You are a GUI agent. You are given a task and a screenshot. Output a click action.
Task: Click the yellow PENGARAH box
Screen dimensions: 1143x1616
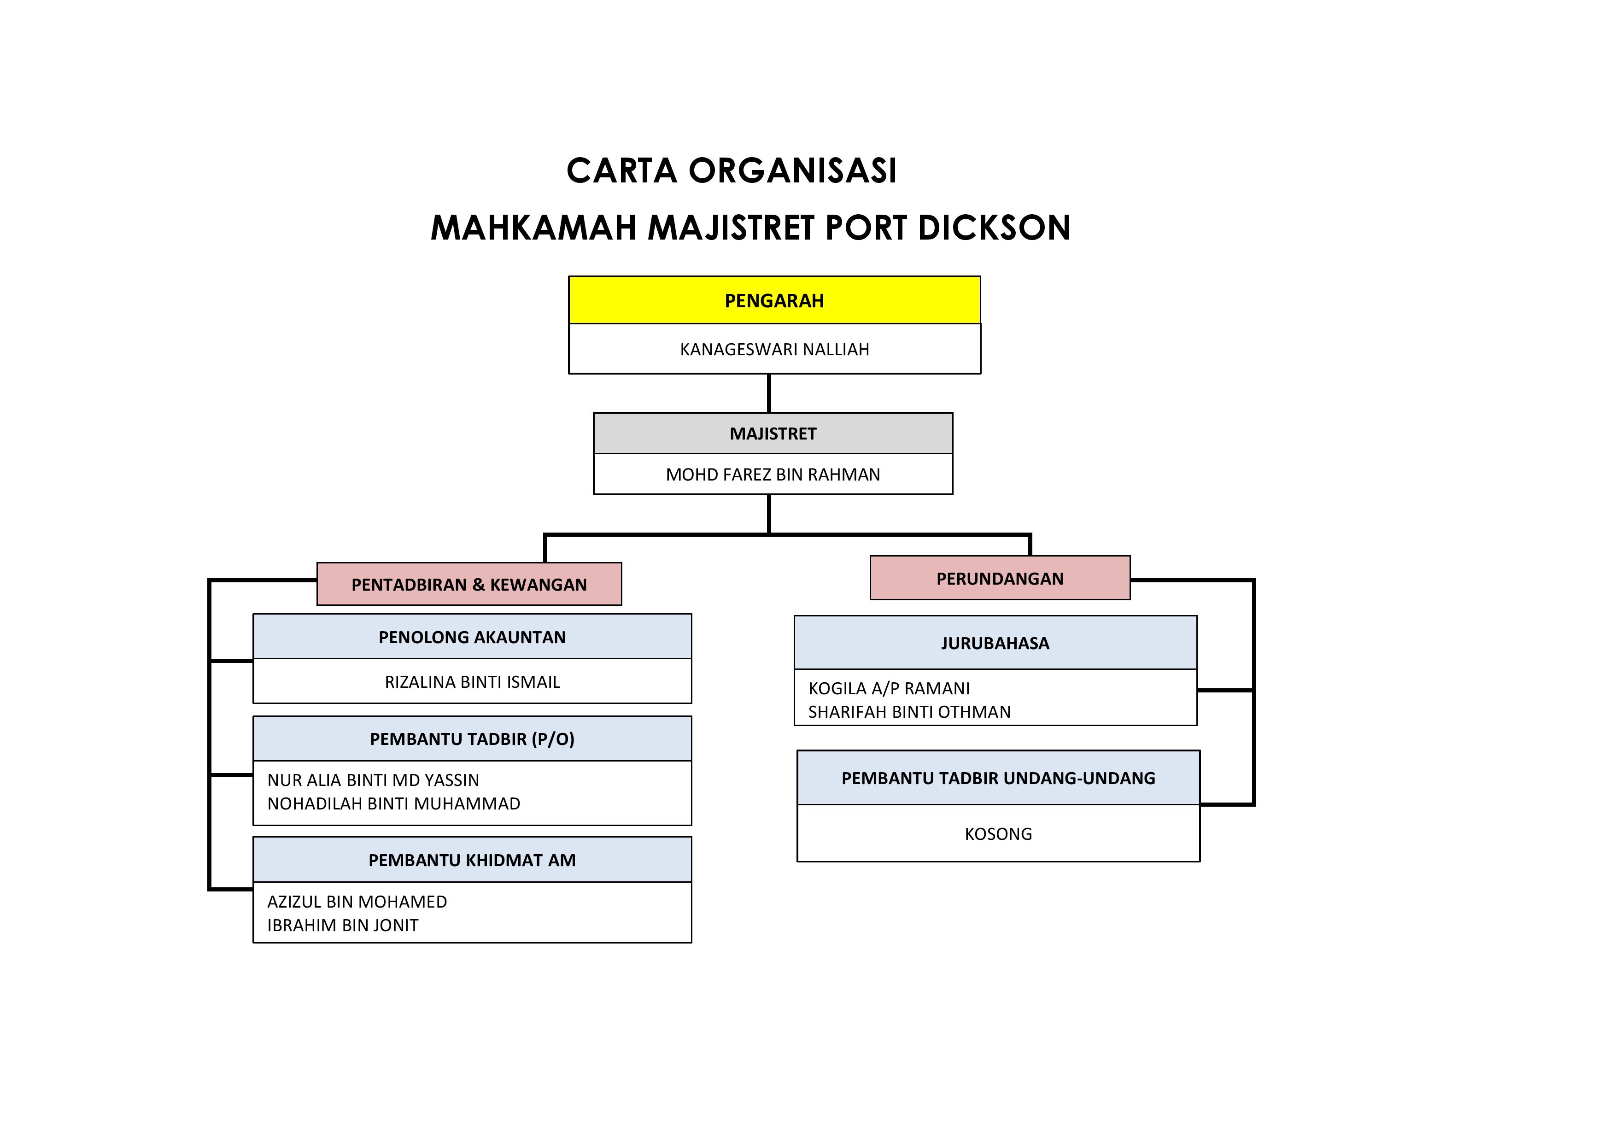pyautogui.click(x=774, y=300)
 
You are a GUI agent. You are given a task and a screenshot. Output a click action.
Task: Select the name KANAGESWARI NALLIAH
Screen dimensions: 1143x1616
pyautogui.click(x=774, y=350)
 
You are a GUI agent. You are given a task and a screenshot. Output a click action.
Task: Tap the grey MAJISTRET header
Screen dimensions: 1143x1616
pyautogui.click(x=773, y=434)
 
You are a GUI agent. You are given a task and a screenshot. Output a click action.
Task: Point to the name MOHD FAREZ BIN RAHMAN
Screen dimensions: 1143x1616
pyautogui.click(x=773, y=475)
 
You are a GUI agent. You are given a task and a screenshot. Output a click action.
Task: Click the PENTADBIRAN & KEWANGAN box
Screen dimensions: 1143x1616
pyautogui.click(x=469, y=585)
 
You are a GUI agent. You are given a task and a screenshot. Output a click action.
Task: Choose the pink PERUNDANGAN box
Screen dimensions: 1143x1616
pyautogui.click(x=1000, y=579)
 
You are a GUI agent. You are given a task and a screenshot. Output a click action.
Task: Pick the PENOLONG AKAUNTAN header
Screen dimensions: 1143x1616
pyautogui.click(x=472, y=638)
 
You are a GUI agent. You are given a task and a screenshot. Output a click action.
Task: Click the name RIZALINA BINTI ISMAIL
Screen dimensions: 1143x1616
pyautogui.click(x=472, y=682)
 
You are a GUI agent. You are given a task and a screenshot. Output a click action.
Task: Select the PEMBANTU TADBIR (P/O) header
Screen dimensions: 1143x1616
pyautogui.click(x=472, y=739)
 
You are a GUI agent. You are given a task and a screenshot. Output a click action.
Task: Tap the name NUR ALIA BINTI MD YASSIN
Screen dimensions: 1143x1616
pyautogui.click(x=373, y=780)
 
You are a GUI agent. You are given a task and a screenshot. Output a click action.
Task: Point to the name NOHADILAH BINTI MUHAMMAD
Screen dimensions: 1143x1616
pyautogui.click(x=393, y=804)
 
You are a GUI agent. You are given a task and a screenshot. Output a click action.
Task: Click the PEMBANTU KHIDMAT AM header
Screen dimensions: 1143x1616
pyautogui.click(x=472, y=860)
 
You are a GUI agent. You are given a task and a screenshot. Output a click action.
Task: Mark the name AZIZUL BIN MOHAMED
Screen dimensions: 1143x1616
pyautogui.click(x=357, y=903)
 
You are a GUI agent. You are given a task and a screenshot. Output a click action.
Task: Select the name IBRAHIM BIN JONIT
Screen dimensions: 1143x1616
pyautogui.click(x=343, y=926)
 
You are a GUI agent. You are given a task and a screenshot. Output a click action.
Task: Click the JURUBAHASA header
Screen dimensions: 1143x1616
pyautogui.click(x=995, y=643)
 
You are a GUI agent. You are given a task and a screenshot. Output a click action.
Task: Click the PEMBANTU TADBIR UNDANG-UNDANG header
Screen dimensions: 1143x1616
pyautogui.click(x=998, y=779)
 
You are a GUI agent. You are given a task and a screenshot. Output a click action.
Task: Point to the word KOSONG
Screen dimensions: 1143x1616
pyautogui.click(x=998, y=834)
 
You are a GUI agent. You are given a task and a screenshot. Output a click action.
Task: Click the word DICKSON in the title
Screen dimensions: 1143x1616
pyautogui.click(x=994, y=228)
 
